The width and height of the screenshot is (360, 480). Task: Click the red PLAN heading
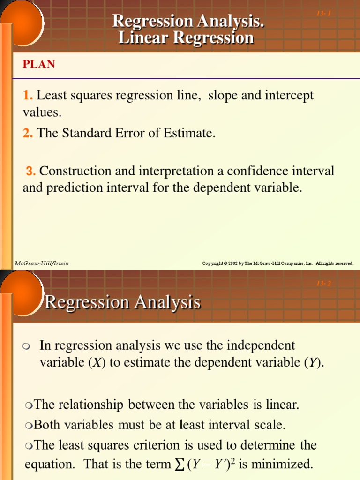point(39,65)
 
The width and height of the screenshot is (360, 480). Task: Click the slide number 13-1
point(323,13)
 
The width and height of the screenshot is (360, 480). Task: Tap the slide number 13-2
point(323,283)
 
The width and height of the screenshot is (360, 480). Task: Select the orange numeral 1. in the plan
point(28,96)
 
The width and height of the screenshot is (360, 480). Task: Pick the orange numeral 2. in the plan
point(28,133)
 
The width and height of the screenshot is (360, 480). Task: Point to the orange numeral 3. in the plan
point(31,171)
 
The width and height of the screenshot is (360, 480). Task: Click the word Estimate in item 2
point(189,133)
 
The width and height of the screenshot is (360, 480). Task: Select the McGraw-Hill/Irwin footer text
point(42,263)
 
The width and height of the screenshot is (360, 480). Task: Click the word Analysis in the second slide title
point(167,302)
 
